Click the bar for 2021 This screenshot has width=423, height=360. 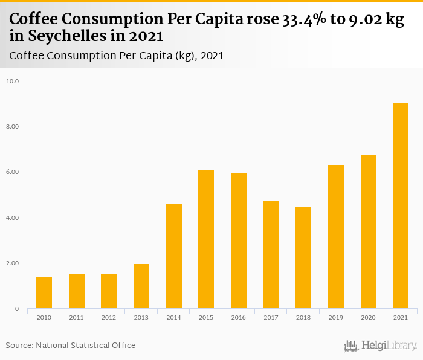point(401,206)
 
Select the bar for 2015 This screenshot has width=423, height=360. point(206,239)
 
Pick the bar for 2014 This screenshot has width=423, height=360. point(174,256)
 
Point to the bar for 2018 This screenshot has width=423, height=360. point(303,258)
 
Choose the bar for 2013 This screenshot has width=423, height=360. point(141,286)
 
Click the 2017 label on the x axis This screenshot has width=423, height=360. point(271,317)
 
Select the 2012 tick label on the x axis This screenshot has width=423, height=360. point(109,317)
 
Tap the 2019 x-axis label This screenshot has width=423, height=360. point(336,317)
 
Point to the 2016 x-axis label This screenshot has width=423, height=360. point(239,317)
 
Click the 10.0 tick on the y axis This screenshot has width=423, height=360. point(13,81)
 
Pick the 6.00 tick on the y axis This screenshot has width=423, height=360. point(13,172)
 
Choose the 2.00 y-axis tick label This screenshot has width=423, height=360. point(13,263)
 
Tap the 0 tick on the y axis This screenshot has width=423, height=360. point(17,309)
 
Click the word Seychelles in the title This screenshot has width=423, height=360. point(60,36)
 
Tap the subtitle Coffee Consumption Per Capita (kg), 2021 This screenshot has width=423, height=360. point(117,56)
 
